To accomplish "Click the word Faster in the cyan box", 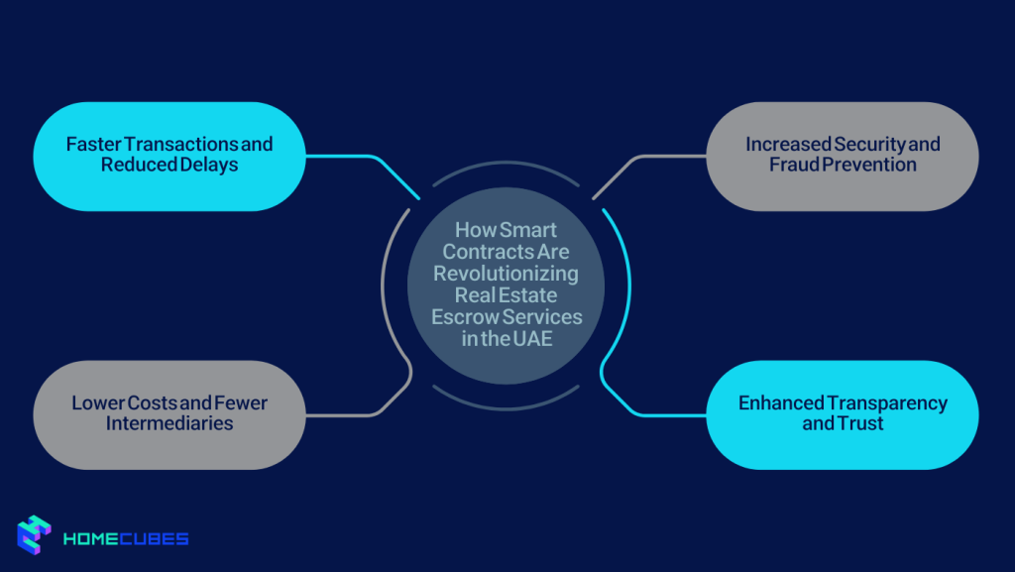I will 92,145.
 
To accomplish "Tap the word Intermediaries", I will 169,423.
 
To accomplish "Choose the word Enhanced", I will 781,403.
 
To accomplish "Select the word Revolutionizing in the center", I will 507,273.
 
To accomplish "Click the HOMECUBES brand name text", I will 126,539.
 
